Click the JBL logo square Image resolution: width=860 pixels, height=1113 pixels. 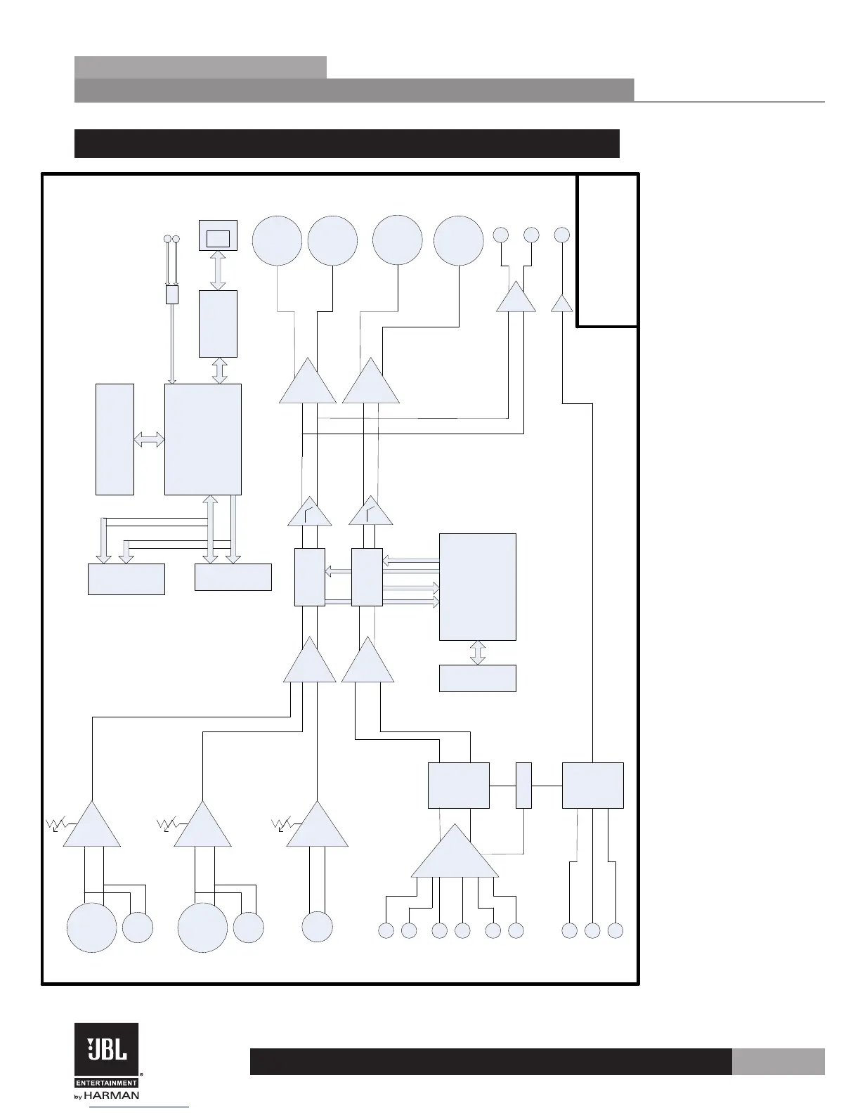[x=106, y=1049]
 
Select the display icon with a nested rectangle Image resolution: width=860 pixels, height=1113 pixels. [x=218, y=235]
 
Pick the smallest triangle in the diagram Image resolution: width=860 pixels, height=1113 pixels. [x=562, y=304]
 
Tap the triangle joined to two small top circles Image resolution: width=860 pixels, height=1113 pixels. [x=516, y=298]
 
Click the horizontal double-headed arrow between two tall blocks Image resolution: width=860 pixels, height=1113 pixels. [x=149, y=440]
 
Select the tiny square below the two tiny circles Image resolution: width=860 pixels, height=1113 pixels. [x=171, y=294]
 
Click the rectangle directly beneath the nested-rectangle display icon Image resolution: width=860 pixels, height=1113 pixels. [x=218, y=323]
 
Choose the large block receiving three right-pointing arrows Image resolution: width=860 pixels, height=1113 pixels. [x=477, y=587]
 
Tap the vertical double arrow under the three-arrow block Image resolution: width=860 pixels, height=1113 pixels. [x=477, y=653]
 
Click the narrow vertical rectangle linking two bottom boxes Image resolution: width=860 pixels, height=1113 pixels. [x=523, y=785]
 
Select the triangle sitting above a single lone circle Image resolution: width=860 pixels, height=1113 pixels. [x=318, y=828]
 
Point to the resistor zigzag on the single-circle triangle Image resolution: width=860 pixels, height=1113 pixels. [x=280, y=824]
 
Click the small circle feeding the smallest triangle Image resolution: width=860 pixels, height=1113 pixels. [x=562, y=235]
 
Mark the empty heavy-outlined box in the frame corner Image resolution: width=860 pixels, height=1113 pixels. [x=607, y=250]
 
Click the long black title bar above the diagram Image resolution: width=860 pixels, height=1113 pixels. [x=346, y=143]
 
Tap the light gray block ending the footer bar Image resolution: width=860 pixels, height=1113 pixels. [x=778, y=1062]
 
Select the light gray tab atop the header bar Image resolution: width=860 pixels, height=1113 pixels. [x=200, y=67]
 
